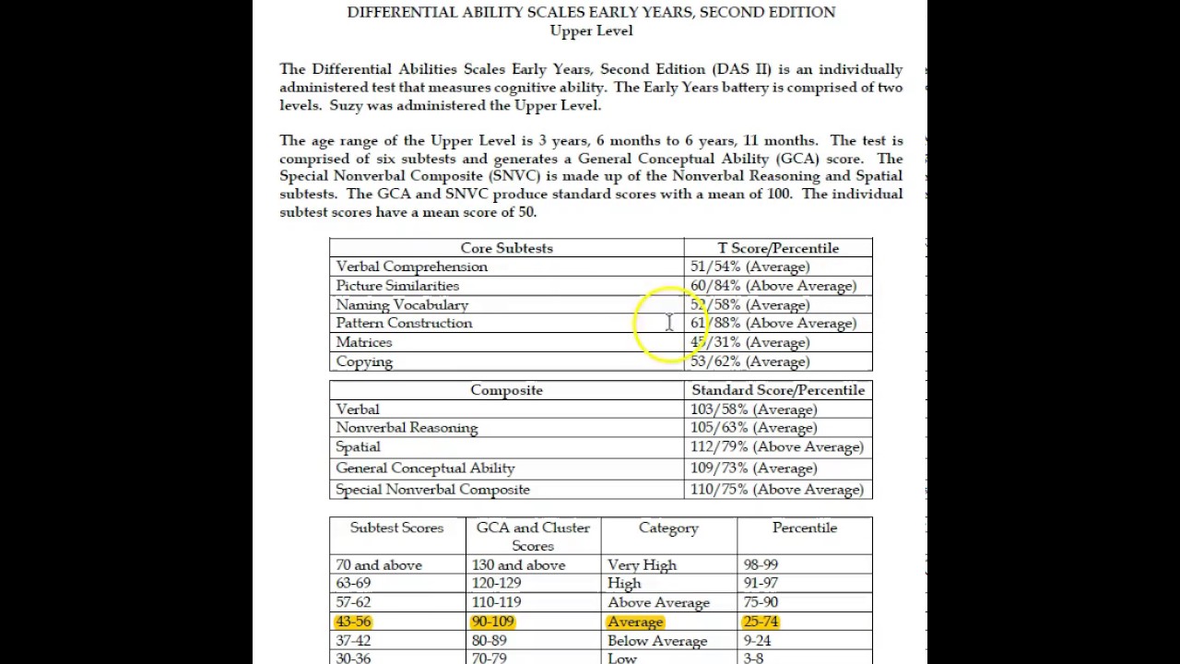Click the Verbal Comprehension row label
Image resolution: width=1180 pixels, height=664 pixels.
tap(411, 267)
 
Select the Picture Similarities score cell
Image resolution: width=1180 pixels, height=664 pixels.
tap(773, 286)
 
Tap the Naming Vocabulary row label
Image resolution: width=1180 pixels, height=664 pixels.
tap(402, 304)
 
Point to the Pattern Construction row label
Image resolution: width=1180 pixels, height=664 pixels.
tap(404, 324)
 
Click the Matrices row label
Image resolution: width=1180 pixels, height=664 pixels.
tap(364, 342)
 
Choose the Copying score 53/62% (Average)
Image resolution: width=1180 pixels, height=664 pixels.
tap(749, 362)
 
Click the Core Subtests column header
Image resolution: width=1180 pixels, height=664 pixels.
tap(506, 248)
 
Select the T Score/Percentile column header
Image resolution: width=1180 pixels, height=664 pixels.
tap(778, 248)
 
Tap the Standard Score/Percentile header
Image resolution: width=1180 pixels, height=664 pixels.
tap(778, 390)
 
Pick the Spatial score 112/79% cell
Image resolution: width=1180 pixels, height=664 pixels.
tap(776, 447)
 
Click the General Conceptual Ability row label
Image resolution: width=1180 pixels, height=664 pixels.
tap(425, 468)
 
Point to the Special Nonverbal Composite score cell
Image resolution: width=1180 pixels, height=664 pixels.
tap(776, 490)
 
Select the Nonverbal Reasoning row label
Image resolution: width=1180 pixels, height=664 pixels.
tap(407, 428)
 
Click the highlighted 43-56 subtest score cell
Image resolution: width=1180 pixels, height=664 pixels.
tap(353, 622)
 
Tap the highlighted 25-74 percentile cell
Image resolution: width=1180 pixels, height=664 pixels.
tap(761, 622)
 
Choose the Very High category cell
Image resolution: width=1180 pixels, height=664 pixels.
tap(642, 565)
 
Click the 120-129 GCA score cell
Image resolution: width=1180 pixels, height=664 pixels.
tap(496, 583)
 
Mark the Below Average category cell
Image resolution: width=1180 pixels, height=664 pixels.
tap(657, 641)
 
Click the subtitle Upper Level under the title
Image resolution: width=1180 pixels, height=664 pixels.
tap(591, 30)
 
